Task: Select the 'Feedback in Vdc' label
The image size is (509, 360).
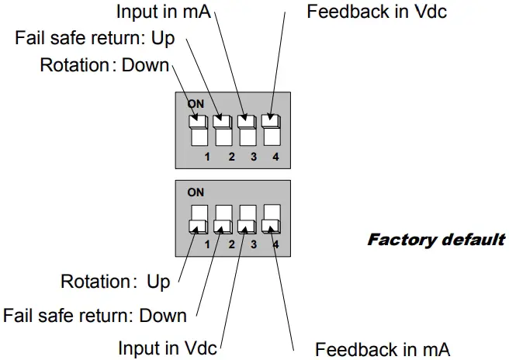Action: (376, 12)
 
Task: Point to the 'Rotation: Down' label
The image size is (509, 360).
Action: (105, 64)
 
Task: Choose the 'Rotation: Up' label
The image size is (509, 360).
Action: (115, 281)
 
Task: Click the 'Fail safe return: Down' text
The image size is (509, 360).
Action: (95, 315)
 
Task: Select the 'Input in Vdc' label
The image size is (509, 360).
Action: (167, 348)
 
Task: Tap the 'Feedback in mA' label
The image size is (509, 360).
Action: (382, 348)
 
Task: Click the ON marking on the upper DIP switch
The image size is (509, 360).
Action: (196, 103)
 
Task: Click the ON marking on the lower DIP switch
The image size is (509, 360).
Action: (196, 192)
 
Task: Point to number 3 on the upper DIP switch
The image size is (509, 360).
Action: (254, 157)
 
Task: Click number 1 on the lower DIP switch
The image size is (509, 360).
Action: (207, 245)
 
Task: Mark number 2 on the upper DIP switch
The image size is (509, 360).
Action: (230, 157)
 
